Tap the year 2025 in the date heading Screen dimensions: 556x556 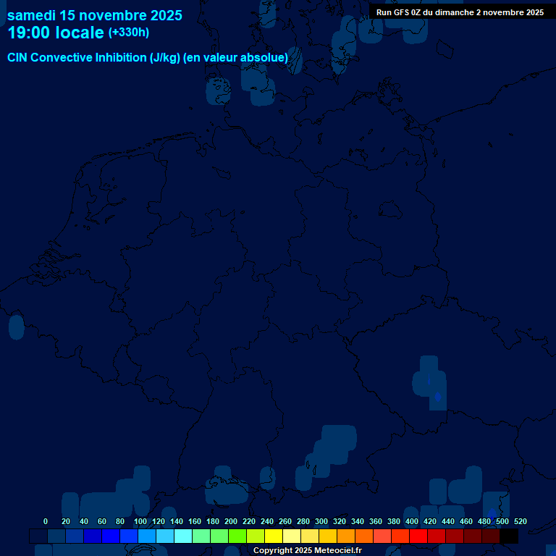166,15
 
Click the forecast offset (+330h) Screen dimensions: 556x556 129,33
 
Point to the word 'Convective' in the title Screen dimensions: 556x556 60,57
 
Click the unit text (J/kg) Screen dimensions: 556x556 165,57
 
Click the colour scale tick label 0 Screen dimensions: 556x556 46,521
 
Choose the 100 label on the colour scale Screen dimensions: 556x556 140,521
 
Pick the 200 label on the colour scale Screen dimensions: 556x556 231,521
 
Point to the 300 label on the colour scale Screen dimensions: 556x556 321,521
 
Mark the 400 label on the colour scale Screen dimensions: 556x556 412,521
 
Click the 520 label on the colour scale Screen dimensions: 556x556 520,521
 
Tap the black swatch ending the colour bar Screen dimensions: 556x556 509,536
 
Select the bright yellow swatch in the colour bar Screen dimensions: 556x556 274,536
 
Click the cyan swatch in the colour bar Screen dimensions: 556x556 183,536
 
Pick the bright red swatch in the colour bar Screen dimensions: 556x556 418,536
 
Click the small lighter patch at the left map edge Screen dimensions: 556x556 16,327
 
